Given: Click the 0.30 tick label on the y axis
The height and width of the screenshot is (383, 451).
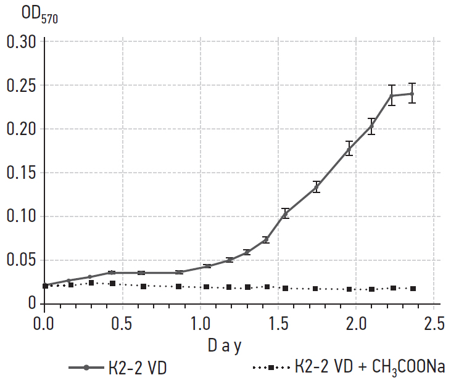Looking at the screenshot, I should [20, 43].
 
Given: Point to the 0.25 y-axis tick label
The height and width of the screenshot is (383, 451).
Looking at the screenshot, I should [20, 86].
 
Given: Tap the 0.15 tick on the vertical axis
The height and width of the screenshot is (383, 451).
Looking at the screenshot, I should [20, 173].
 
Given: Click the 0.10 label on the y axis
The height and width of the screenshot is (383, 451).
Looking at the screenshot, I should [20, 216].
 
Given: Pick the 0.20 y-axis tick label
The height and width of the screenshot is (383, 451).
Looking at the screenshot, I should [20, 130].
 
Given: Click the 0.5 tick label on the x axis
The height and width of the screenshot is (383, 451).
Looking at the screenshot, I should [122, 323].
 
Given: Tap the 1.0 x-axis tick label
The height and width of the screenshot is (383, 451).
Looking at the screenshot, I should [201, 323].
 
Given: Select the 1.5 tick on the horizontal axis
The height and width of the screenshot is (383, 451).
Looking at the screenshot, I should [279, 323].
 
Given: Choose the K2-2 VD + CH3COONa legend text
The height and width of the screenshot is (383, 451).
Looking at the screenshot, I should [369, 368].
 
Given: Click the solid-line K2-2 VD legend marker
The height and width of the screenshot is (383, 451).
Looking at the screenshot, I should [86, 368].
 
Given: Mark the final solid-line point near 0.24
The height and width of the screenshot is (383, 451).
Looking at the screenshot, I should [412, 94].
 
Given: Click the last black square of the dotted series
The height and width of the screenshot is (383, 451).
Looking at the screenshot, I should [413, 289].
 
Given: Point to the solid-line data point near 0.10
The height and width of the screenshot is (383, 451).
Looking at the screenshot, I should [285, 213].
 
